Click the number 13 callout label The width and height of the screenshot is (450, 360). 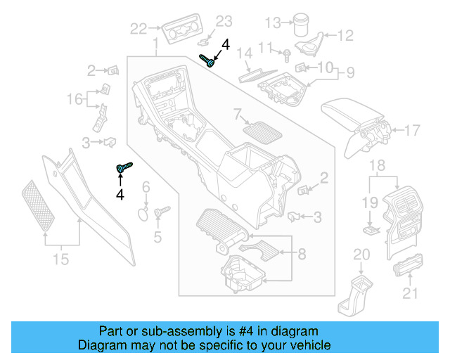coord(272,23)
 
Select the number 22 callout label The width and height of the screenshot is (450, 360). coord(139,28)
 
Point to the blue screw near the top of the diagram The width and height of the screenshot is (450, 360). coord(207,60)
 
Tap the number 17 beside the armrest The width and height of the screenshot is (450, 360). coord(412,130)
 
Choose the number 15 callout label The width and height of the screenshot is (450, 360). coord(61,259)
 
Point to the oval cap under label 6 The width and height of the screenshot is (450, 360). coord(143,213)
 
